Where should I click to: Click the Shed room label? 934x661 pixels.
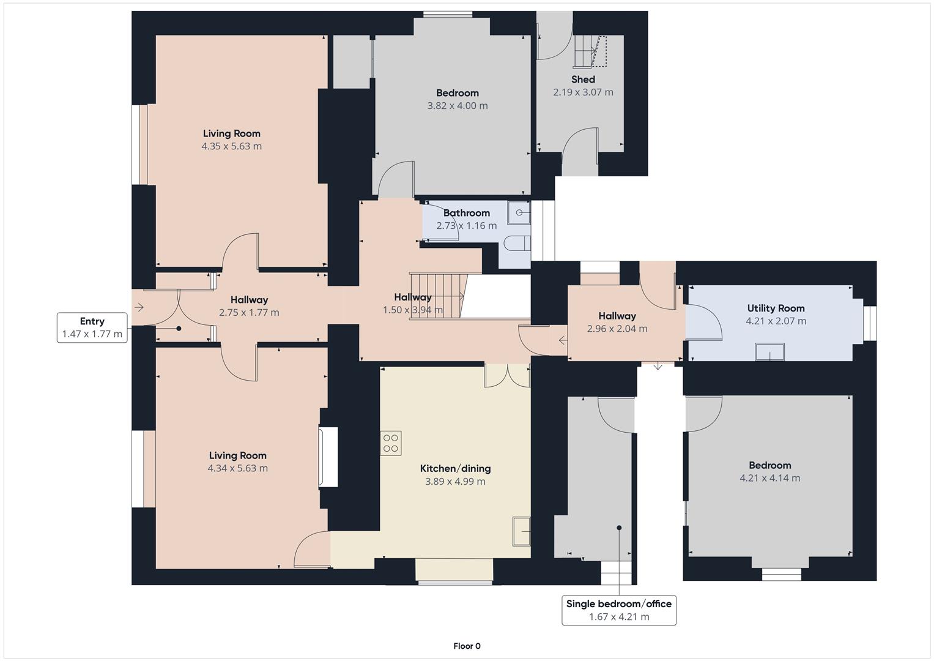(x=583, y=80)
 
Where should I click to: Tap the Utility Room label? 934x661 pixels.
(x=776, y=308)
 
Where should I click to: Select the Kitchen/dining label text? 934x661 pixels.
(x=455, y=469)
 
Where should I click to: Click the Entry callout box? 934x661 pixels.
(x=92, y=327)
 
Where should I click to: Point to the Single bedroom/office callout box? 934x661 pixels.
(x=618, y=610)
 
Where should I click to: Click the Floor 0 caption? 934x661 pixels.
(x=467, y=646)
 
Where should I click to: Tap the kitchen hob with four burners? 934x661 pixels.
(x=391, y=443)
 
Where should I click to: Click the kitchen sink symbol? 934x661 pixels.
(x=521, y=531)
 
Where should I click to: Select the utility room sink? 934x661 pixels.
(x=769, y=353)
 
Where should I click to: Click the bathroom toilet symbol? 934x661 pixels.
(x=519, y=244)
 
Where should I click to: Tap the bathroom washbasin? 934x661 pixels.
(x=521, y=213)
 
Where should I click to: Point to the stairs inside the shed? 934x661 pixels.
(x=590, y=51)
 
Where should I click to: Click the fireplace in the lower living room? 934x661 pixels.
(x=328, y=457)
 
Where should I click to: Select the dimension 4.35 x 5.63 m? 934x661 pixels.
(x=231, y=146)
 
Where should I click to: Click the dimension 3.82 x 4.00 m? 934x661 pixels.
(x=457, y=106)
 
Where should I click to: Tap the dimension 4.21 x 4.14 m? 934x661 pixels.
(x=769, y=478)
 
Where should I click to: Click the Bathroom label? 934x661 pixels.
(x=466, y=213)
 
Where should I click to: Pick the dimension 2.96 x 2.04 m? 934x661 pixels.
(x=617, y=329)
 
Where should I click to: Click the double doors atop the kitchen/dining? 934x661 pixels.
(x=507, y=376)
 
